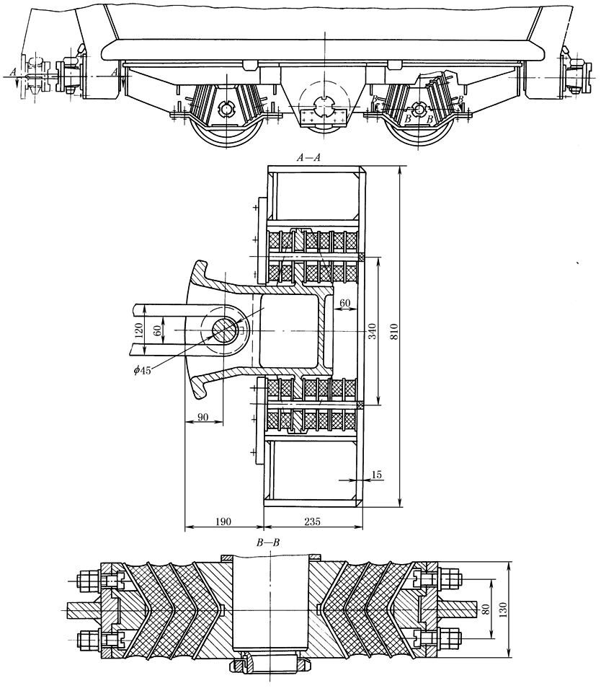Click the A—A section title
coord(308,157)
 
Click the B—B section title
coord(268,542)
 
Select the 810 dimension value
coord(393,331)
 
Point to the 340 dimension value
coord(373,331)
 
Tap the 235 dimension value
coord(312,521)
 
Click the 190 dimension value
coord(223,521)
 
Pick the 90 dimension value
coord(203,417)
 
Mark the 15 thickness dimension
coord(377,475)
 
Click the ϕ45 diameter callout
coord(143,370)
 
